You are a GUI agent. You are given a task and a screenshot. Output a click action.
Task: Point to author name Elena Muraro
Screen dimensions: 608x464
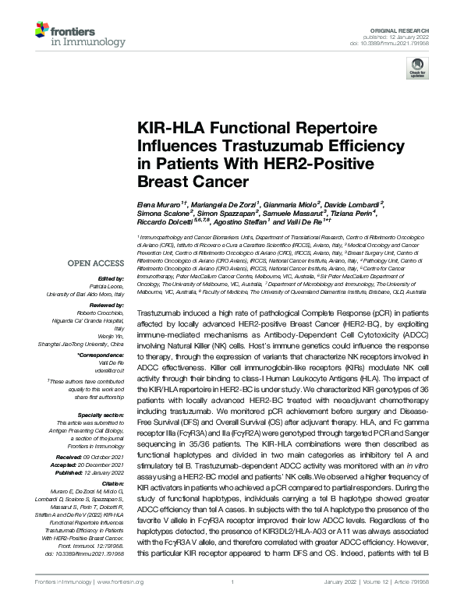click(x=158, y=203)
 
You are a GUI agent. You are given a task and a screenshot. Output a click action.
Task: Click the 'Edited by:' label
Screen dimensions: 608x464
click(x=111, y=278)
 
